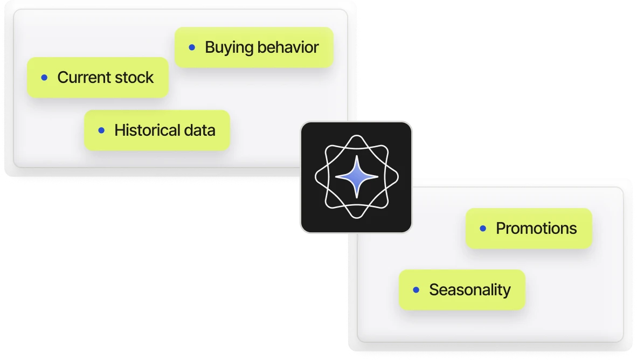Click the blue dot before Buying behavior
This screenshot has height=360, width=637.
(x=192, y=47)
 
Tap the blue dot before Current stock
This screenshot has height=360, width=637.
(x=44, y=78)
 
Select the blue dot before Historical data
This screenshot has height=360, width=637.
(x=101, y=130)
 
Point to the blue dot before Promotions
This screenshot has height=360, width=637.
(x=483, y=229)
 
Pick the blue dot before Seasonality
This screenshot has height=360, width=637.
(x=416, y=290)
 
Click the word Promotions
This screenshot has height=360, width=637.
(x=536, y=229)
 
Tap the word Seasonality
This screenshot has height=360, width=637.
(x=470, y=290)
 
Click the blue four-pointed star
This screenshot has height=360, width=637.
(x=356, y=176)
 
